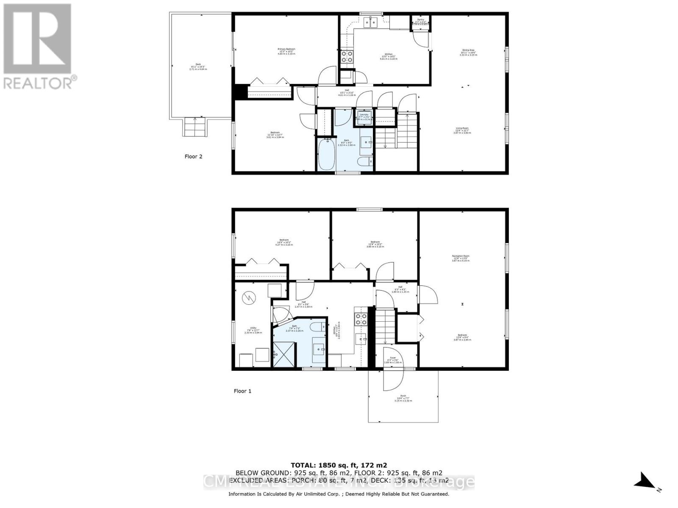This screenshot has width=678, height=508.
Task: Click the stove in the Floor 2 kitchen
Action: [x=347, y=56]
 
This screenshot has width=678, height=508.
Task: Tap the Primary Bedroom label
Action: [x=286, y=51]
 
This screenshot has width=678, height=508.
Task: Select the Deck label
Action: [x=197, y=66]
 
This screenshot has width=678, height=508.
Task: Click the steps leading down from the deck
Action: [x=195, y=127]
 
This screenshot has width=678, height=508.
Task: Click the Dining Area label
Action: [x=468, y=52]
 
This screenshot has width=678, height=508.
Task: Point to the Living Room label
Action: [x=462, y=130]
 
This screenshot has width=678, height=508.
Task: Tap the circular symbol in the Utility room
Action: [x=248, y=298]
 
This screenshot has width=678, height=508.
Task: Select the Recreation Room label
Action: [x=461, y=258]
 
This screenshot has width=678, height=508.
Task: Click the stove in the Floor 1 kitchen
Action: [x=361, y=319]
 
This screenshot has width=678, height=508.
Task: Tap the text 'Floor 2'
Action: [x=193, y=157]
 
